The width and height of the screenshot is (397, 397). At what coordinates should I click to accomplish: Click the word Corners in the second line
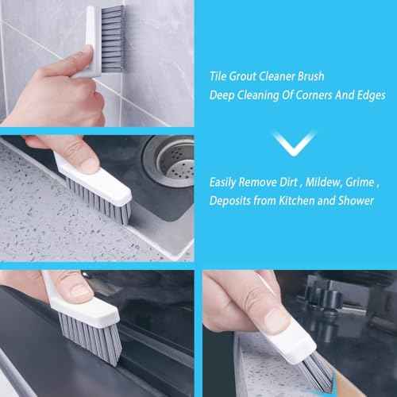pyautogui.click(x=306, y=95)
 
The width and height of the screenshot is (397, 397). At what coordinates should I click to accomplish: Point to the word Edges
pyautogui.click(x=368, y=95)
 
